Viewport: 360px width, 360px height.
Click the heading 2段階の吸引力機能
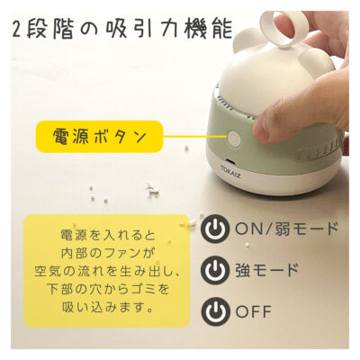122,28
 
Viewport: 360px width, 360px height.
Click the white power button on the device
234,139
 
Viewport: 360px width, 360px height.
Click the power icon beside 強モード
214,269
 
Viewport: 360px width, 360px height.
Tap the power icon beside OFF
214,311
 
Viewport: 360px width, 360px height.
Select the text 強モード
267,269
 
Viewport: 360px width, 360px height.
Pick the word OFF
254,311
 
